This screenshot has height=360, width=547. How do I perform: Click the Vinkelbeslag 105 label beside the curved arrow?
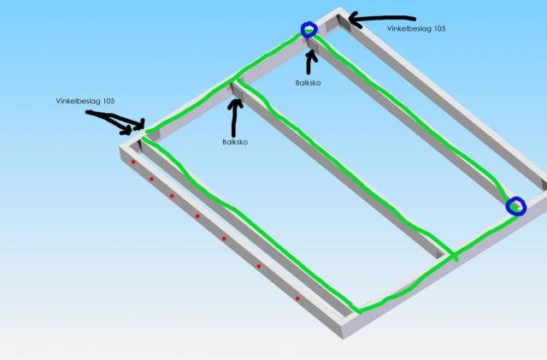(416, 28)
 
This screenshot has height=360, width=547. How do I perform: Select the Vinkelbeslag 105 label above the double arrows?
(85, 101)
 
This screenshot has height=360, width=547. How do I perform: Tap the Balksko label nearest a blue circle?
(308, 83)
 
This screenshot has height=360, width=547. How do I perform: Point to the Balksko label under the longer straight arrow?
(235, 142)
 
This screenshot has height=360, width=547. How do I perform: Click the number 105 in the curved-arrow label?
(439, 28)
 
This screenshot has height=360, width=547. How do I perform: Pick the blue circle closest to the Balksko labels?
(309, 29)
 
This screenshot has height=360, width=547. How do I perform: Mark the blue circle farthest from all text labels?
(516, 206)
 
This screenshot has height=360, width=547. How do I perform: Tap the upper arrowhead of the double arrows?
(141, 124)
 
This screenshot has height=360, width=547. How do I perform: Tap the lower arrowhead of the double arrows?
(126, 131)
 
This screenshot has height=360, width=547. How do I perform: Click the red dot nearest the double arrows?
(133, 162)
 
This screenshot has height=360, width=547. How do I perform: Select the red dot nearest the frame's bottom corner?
(297, 298)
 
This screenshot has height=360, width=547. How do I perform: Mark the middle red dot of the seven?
(197, 216)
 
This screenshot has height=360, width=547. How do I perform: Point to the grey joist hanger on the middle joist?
(237, 91)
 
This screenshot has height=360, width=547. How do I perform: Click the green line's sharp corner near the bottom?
(359, 310)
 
